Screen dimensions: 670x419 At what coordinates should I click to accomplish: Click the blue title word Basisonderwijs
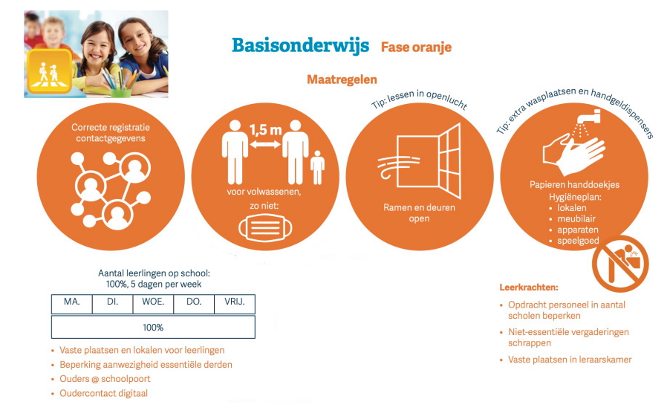pos(300,46)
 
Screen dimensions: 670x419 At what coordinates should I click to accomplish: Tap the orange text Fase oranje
pos(416,47)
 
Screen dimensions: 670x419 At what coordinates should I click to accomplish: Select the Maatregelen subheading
pos(342,79)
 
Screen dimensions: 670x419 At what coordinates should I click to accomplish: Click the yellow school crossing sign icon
pos(49,71)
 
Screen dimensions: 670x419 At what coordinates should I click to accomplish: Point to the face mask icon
pos(265,228)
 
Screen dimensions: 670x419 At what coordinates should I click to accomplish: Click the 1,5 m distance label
pos(265,129)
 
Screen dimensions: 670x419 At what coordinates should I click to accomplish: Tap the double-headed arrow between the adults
pos(265,145)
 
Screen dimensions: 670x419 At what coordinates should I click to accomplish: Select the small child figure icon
pos(317,167)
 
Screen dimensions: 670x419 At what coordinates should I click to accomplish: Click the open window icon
pos(429,161)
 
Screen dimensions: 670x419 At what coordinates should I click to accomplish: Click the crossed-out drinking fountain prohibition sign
pos(620,264)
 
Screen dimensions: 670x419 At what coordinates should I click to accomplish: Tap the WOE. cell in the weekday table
pos(153,304)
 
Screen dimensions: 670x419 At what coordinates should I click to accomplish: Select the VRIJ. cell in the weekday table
pos(235,304)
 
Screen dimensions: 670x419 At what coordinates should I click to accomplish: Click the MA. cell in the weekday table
pos(72,304)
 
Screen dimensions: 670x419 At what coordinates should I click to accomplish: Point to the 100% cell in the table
pos(153,327)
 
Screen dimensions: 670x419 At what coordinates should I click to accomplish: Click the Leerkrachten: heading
pos(529,288)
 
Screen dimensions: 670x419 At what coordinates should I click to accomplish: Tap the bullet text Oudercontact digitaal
pos(103,393)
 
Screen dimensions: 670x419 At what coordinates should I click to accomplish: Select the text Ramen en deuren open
pos(419,213)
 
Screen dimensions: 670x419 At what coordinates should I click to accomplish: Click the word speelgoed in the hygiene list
pos(578,241)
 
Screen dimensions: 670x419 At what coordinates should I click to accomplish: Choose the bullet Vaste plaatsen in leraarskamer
pos(570,360)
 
